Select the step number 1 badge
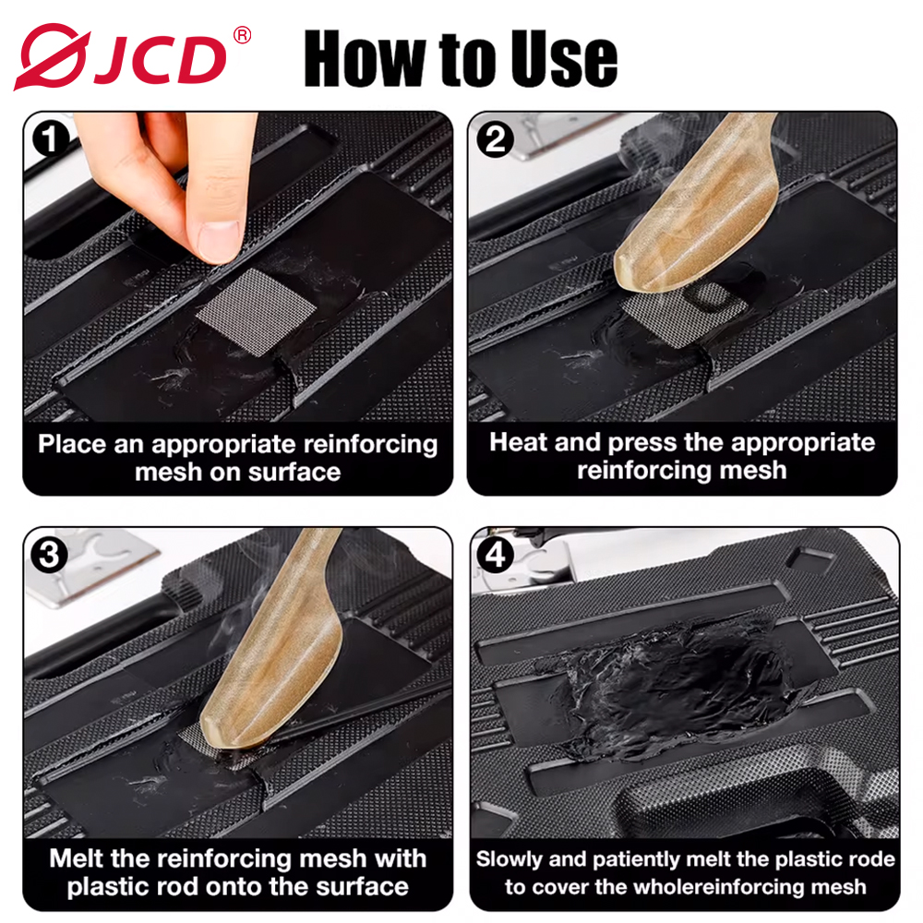tap(51, 139)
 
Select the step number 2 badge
tap(495, 139)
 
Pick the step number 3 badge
tap(50, 555)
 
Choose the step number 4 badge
tap(495, 555)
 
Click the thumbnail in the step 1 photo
tap(219, 240)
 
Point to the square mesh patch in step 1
tap(256, 311)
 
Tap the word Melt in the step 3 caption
tap(77, 858)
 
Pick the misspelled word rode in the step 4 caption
tap(870, 859)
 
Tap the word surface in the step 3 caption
tap(362, 886)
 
